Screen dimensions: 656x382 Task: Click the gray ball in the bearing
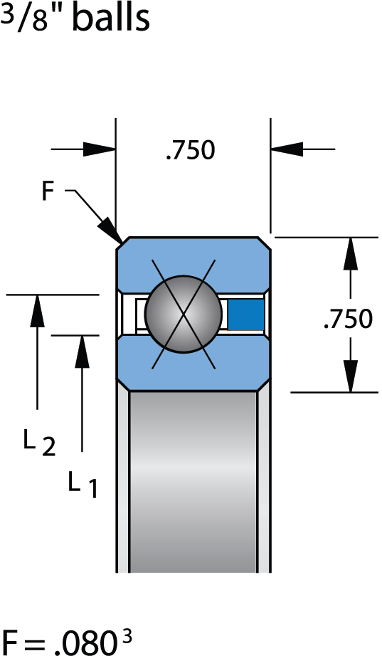[x=184, y=313]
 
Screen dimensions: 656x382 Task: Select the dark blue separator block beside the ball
[x=245, y=313]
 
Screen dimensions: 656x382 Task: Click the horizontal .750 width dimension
[x=190, y=150]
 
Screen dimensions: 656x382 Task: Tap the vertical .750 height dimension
[x=347, y=319]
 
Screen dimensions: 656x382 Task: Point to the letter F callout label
[x=48, y=191]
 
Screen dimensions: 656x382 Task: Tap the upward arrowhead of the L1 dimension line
[x=83, y=351]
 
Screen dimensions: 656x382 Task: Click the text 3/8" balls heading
[x=75, y=18]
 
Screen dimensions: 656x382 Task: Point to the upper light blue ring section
[x=193, y=260]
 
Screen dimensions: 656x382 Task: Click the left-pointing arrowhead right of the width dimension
[x=287, y=149]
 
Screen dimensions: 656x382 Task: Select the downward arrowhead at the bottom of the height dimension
[x=350, y=374]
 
